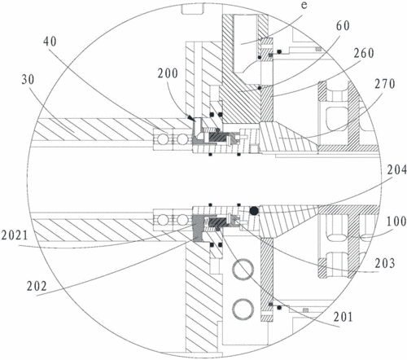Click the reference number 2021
coord(15,235)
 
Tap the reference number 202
coord(37,286)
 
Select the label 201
coord(343,317)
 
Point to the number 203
coord(385,263)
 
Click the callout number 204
coord(396,170)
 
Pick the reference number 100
coord(396,222)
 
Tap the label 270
coord(385,84)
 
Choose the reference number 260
coord(364,53)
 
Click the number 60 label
coord(343,26)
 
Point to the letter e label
coord(304,5)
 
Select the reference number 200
coord(168,73)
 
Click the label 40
coord(50,42)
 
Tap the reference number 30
coord(28,80)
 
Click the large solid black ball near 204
coord(254,211)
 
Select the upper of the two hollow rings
coord(243,269)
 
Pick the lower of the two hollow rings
coord(243,310)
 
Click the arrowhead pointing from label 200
coord(191,118)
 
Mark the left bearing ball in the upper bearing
coord(163,140)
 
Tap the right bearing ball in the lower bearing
coord(182,219)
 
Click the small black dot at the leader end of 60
coord(260,88)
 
